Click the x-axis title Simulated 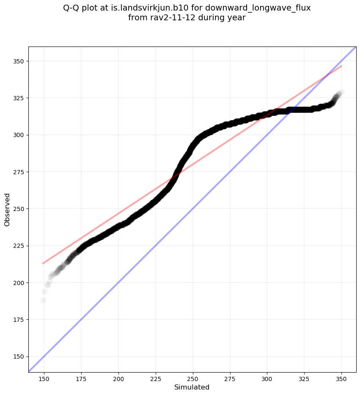pyautogui.click(x=192, y=387)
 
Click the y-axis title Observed pyautogui.click(x=7, y=209)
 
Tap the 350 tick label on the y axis pyautogui.click(x=19, y=61)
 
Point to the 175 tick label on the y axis pyautogui.click(x=19, y=320)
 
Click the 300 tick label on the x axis pyautogui.click(x=267, y=377)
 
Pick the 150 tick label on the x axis pyautogui.click(x=44, y=377)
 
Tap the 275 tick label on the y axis pyautogui.click(x=19, y=172)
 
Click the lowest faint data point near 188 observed pyautogui.click(x=43, y=300)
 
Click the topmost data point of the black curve pyautogui.click(x=341, y=92)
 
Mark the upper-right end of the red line pyautogui.click(x=341, y=66)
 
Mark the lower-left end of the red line pyautogui.click(x=43, y=263)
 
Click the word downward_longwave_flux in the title pyautogui.click(x=258, y=8)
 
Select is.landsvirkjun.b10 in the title pyautogui.click(x=150, y=8)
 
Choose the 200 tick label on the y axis pyautogui.click(x=19, y=283)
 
